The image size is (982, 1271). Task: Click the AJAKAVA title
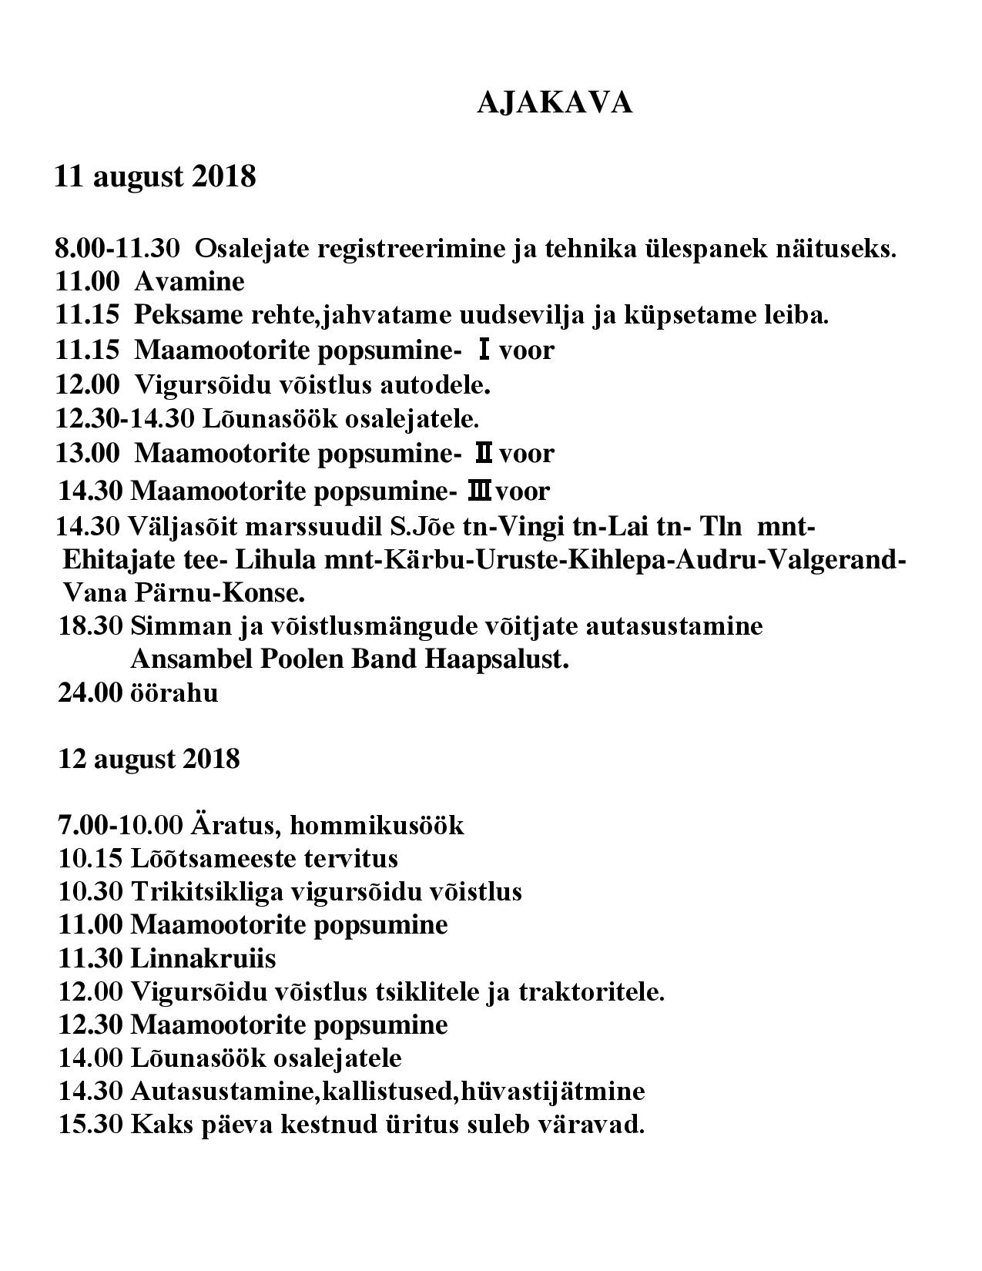(555, 102)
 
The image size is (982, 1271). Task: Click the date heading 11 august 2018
(155, 176)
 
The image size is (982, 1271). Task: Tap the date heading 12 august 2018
(149, 760)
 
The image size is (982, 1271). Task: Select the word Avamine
(189, 282)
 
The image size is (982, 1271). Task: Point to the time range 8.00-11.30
(117, 249)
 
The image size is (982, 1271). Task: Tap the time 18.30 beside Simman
(91, 625)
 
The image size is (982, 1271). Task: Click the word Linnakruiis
(203, 958)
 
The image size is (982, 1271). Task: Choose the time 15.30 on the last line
(91, 1125)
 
